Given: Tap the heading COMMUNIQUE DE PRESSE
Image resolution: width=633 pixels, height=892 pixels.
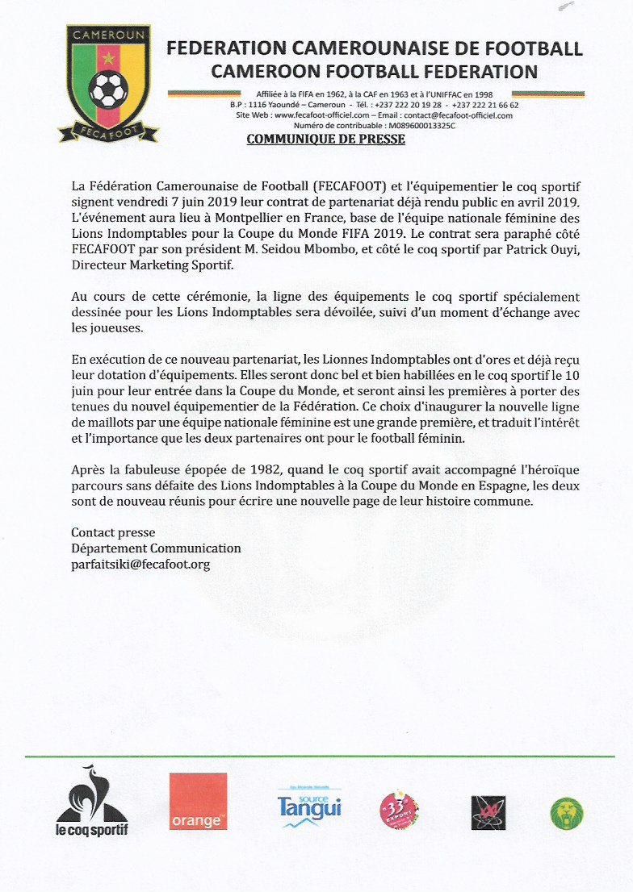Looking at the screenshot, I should [x=325, y=140].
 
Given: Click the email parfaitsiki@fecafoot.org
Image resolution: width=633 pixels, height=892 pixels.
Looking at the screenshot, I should [x=140, y=565].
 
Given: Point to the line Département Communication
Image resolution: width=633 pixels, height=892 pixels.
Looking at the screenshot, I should [x=156, y=548].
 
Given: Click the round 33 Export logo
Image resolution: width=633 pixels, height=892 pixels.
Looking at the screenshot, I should [x=399, y=811].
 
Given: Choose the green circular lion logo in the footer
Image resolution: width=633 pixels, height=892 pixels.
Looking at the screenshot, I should [x=567, y=813].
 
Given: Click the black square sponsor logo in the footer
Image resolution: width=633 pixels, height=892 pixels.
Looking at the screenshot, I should [x=488, y=812].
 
